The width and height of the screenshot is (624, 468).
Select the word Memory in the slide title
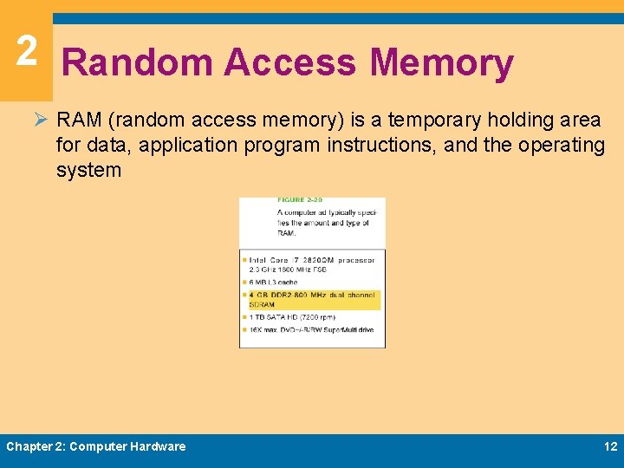click(x=441, y=63)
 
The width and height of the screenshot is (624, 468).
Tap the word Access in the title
click(x=290, y=63)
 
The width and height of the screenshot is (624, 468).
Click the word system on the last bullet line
click(x=88, y=170)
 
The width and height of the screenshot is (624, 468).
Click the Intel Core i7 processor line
click(x=310, y=258)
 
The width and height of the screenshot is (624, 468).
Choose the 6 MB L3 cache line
click(x=274, y=282)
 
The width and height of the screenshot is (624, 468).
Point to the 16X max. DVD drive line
click(x=311, y=329)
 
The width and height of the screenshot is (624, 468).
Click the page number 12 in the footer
click(x=610, y=446)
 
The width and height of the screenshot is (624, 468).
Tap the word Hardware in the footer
click(x=158, y=446)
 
